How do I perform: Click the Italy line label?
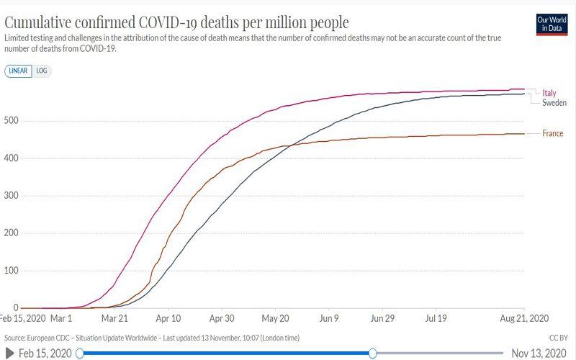pos(549,93)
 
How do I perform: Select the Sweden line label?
pos(554,103)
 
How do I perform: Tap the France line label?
pos(553,133)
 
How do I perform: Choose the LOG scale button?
pos(42,71)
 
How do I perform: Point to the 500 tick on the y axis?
pos(12,120)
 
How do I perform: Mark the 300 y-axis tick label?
pos(12,196)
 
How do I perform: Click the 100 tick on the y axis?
pos(12,271)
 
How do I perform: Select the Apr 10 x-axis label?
pos(168,317)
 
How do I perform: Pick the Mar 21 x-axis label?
pos(114,317)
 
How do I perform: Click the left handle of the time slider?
pos(80,353)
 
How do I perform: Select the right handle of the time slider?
pos(372,353)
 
